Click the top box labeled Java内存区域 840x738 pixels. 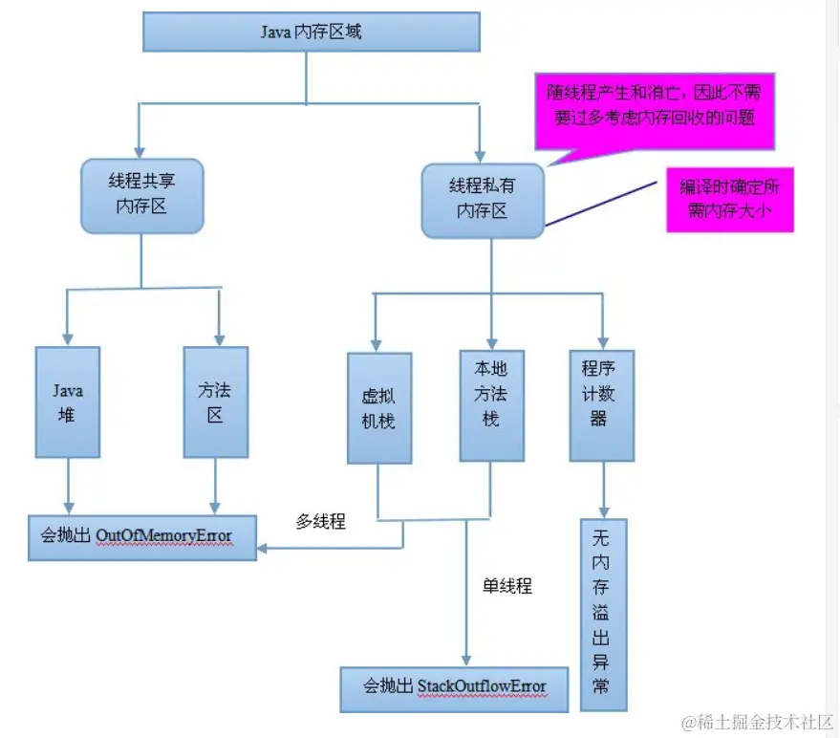[x=311, y=33]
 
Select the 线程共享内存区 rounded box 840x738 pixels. [x=142, y=195]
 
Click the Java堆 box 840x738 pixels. [x=68, y=402]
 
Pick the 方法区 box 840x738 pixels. [x=215, y=402]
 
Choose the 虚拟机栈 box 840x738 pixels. [x=379, y=408]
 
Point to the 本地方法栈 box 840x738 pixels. [x=491, y=393]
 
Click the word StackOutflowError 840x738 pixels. [x=482, y=686]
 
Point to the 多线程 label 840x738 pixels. [x=320, y=522]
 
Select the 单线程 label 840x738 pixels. [x=506, y=586]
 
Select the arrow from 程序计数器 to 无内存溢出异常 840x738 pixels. [x=602, y=488]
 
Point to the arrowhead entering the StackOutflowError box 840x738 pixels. [x=466, y=660]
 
